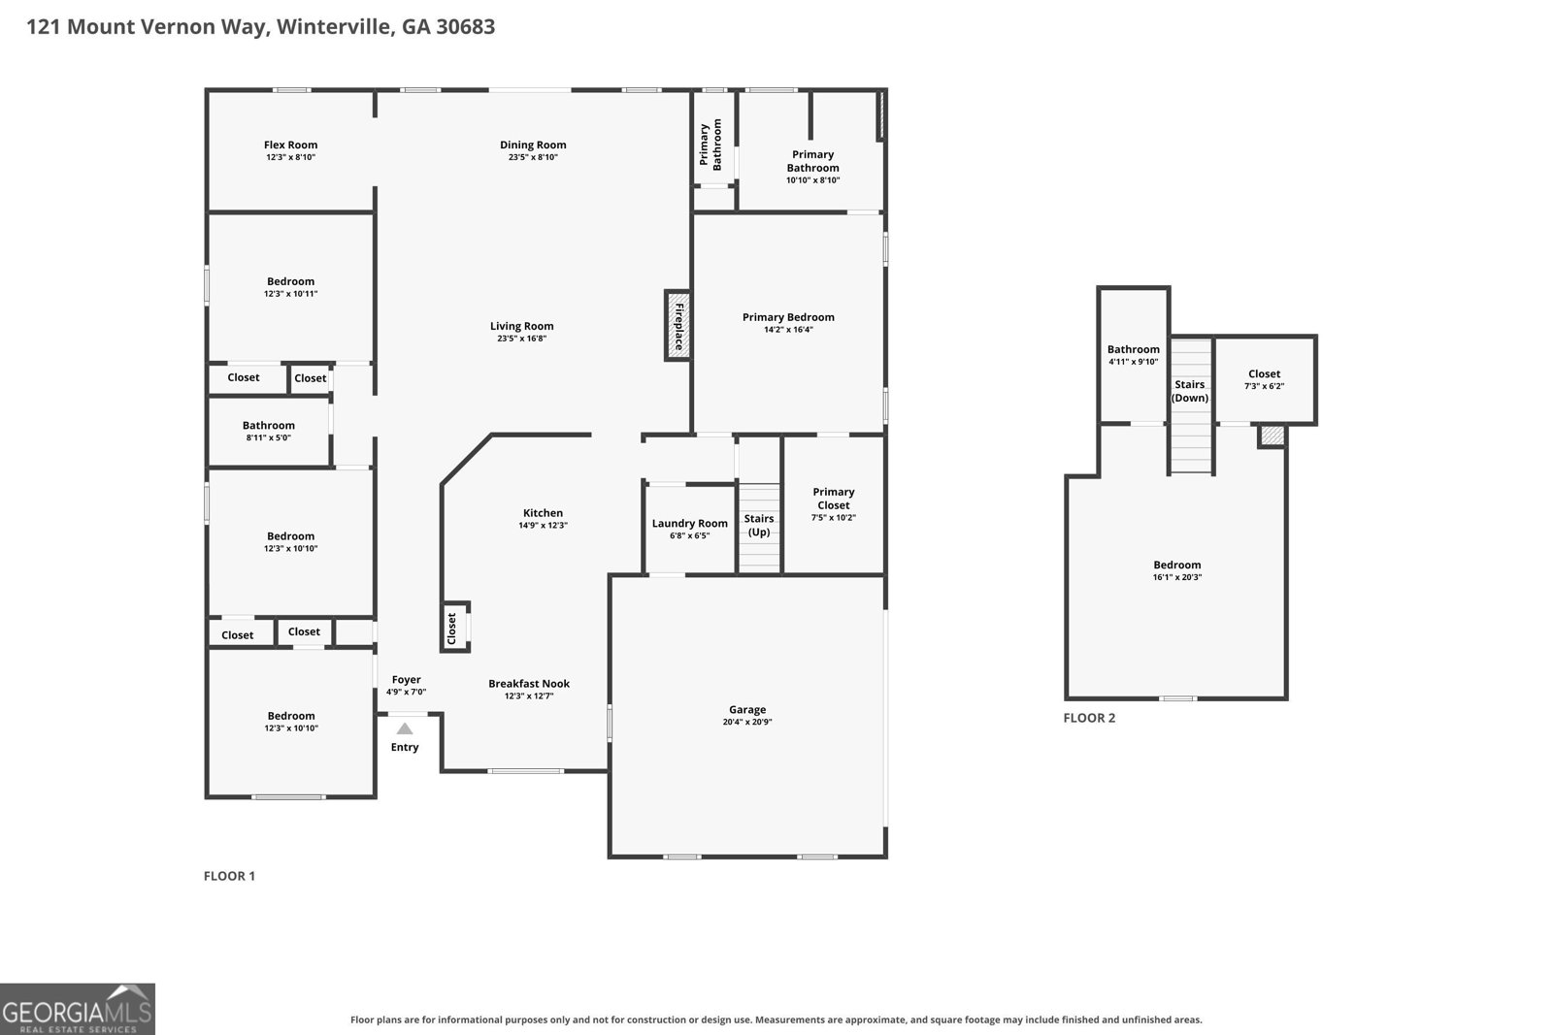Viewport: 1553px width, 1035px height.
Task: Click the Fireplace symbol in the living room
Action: [x=678, y=326]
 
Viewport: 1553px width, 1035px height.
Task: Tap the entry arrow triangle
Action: [x=405, y=728]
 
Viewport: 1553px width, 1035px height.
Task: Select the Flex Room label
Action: [x=290, y=145]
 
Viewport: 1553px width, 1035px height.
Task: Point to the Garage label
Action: [x=747, y=709]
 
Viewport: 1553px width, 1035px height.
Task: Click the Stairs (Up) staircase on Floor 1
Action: [x=759, y=528]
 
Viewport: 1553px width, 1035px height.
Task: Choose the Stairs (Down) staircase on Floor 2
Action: [x=1191, y=405]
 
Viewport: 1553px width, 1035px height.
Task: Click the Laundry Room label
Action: [x=690, y=523]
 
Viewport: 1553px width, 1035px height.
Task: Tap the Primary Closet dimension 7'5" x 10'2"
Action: [x=834, y=518]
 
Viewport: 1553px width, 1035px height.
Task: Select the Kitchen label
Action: [x=543, y=513]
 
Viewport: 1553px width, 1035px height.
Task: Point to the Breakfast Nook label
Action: [x=529, y=683]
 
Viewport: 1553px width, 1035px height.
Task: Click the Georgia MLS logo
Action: [x=78, y=1009]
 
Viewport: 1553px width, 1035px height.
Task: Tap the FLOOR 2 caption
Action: [x=1089, y=718]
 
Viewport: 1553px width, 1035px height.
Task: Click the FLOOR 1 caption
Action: [x=229, y=876]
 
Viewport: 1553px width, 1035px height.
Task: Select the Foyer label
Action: [x=407, y=680]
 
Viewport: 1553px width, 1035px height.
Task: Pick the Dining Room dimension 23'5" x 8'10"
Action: [x=533, y=157]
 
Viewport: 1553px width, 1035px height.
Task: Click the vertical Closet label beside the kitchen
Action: [x=452, y=628]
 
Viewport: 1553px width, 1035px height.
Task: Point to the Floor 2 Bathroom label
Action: [x=1133, y=349]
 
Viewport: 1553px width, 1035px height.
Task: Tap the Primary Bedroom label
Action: [x=788, y=317]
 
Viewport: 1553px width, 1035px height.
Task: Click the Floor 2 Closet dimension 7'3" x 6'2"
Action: [x=1264, y=386]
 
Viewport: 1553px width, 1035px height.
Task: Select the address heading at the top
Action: [x=261, y=27]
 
